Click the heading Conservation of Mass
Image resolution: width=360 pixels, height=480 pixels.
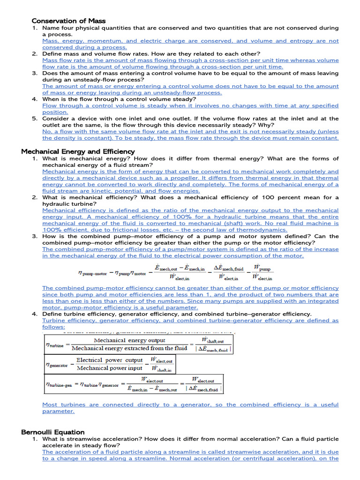pyautogui.click(x=68, y=21)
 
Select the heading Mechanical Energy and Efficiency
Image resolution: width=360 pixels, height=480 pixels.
pyautogui.click(x=78, y=151)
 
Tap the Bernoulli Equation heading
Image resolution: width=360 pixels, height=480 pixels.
pyautogui.click(x=53, y=432)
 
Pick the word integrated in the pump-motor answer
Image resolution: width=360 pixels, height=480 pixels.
pyautogui.click(x=319, y=301)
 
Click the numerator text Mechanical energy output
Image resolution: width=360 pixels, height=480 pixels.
pyautogui.click(x=129, y=340)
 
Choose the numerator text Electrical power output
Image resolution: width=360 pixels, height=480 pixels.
pyautogui.click(x=109, y=360)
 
